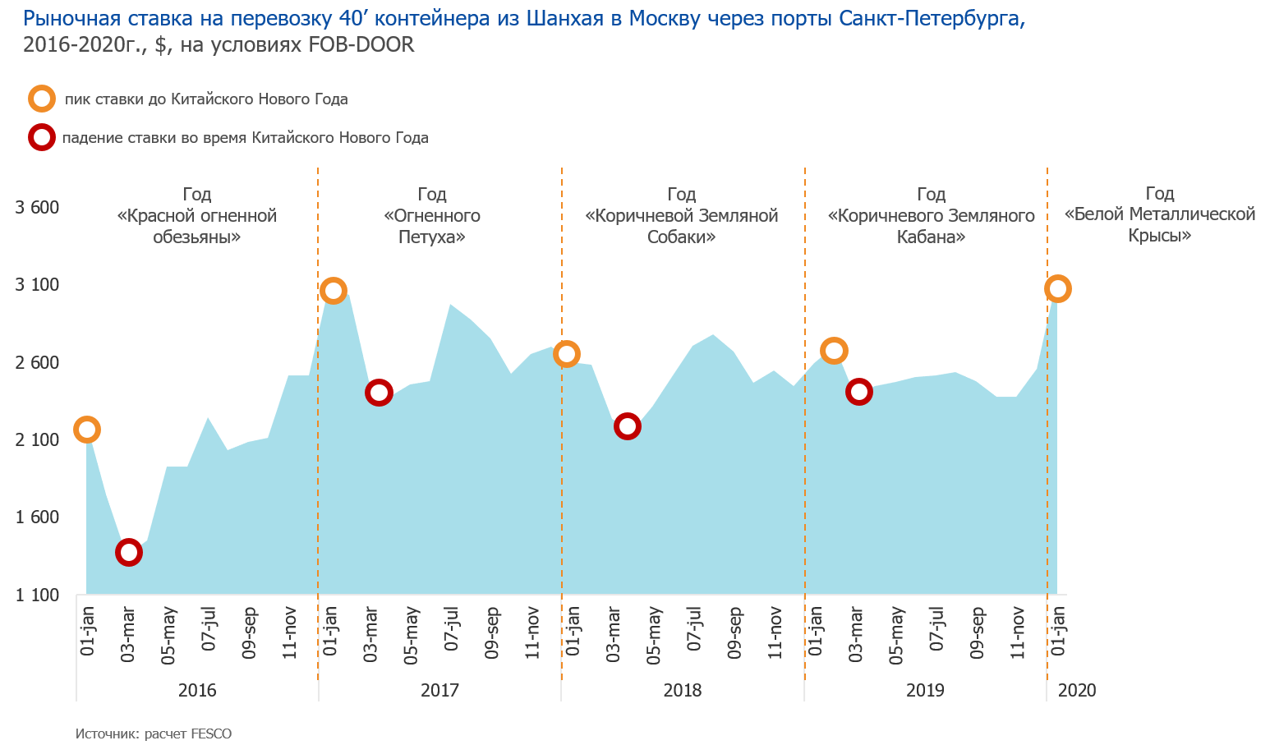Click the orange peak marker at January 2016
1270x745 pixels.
pyautogui.click(x=87, y=429)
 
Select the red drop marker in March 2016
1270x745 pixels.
pyautogui.click(x=129, y=552)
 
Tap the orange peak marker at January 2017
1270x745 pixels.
pyautogui.click(x=333, y=290)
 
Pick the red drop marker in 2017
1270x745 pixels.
pyautogui.click(x=378, y=392)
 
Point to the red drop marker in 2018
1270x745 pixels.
pyautogui.click(x=627, y=425)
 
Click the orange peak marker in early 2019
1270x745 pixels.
pyautogui.click(x=834, y=351)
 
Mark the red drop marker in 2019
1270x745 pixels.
pyautogui.click(x=859, y=391)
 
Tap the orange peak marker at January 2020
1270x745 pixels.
pyautogui.click(x=1057, y=288)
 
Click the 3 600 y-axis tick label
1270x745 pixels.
pyautogui.click(x=38, y=207)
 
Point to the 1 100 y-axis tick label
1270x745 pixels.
pyautogui.click(x=38, y=595)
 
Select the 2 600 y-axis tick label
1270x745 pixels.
pyautogui.click(x=38, y=362)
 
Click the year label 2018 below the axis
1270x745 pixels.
pyautogui.click(x=683, y=690)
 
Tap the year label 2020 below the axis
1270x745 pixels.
pyautogui.click(x=1077, y=690)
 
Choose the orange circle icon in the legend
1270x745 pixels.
pyautogui.click(x=42, y=99)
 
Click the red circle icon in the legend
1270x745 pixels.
pyautogui.click(x=42, y=137)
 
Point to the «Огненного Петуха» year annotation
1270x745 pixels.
pyautogui.click(x=432, y=216)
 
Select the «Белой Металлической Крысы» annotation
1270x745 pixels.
pyautogui.click(x=1160, y=214)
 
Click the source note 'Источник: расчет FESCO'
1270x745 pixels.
pyautogui.click(x=154, y=734)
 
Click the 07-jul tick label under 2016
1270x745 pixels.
pyautogui.click(x=209, y=628)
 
